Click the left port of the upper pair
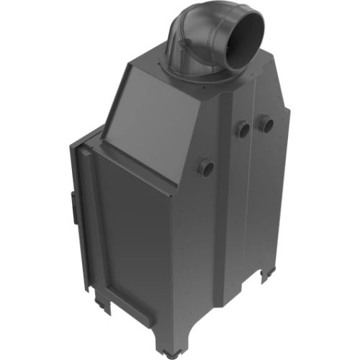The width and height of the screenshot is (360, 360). [x=243, y=130]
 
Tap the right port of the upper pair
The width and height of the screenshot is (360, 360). [x=266, y=124]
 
